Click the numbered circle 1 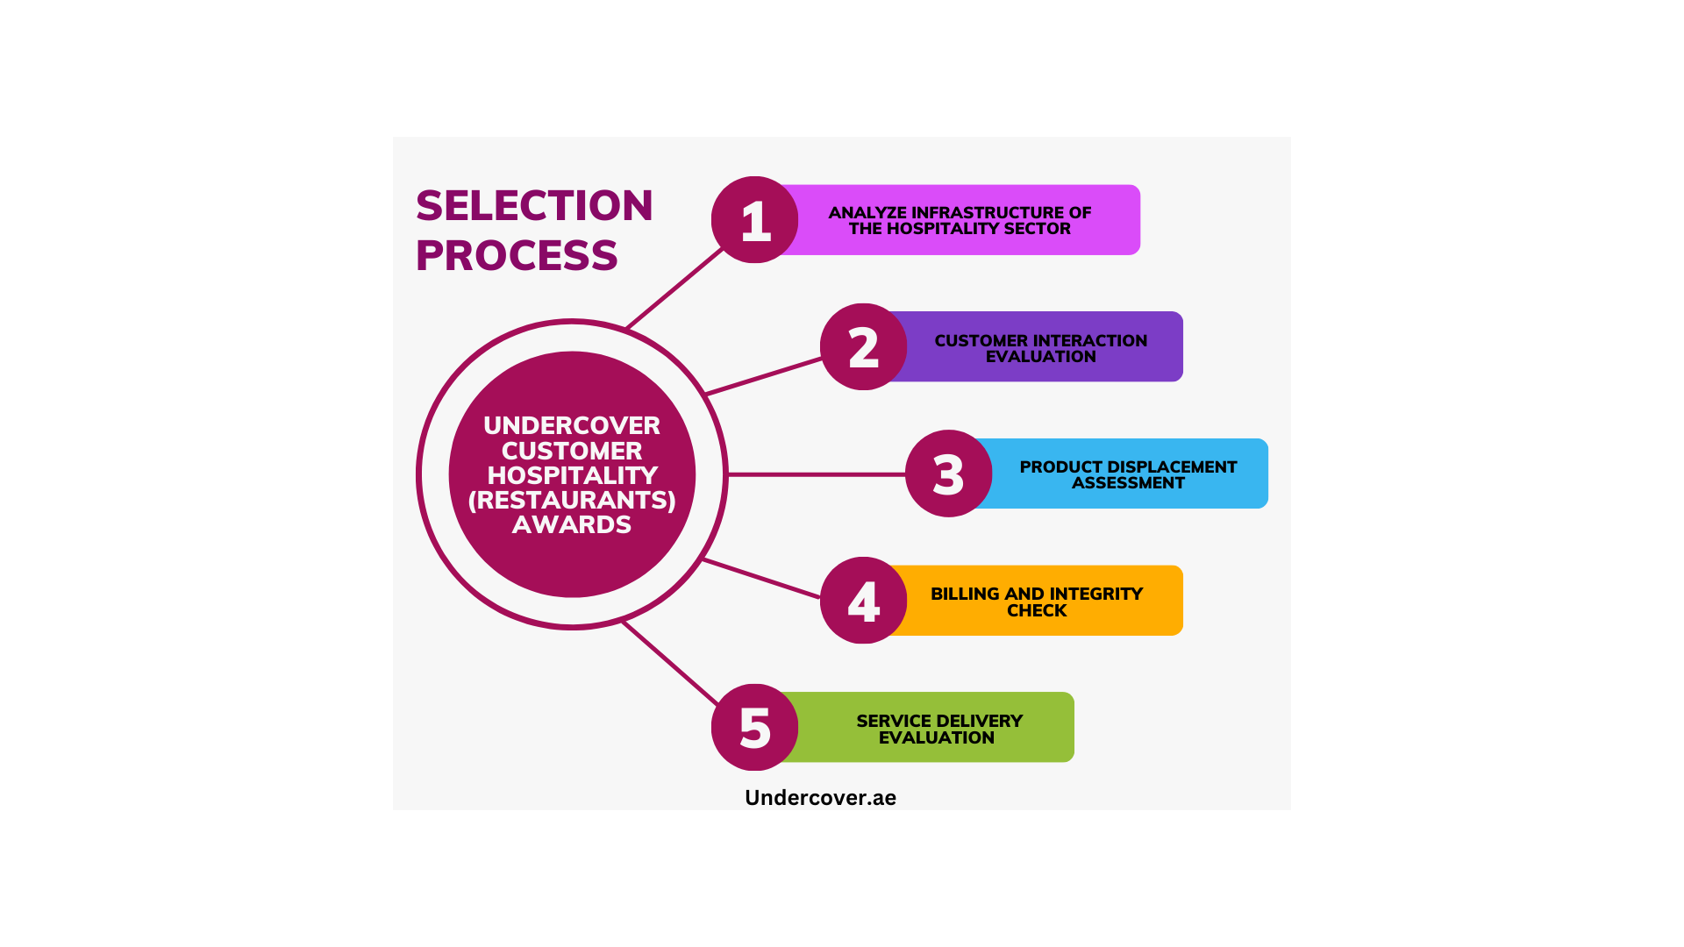pyautogui.click(x=754, y=219)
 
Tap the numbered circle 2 pyautogui.click(x=863, y=346)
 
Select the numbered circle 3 pyautogui.click(x=948, y=473)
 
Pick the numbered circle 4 pyautogui.click(x=863, y=601)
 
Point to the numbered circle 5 pyautogui.click(x=754, y=727)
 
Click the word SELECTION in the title pyautogui.click(x=534, y=206)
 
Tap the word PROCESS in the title pyautogui.click(x=517, y=255)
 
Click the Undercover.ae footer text pyautogui.click(x=820, y=797)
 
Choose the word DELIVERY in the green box pyautogui.click(x=981, y=721)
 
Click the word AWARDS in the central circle pyautogui.click(x=572, y=524)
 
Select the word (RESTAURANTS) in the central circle pyautogui.click(x=572, y=500)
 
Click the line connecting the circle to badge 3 pyautogui.click(x=817, y=474)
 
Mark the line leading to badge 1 pyautogui.click(x=674, y=288)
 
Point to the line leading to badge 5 pyautogui.click(x=671, y=663)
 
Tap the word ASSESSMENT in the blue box pyautogui.click(x=1128, y=483)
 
